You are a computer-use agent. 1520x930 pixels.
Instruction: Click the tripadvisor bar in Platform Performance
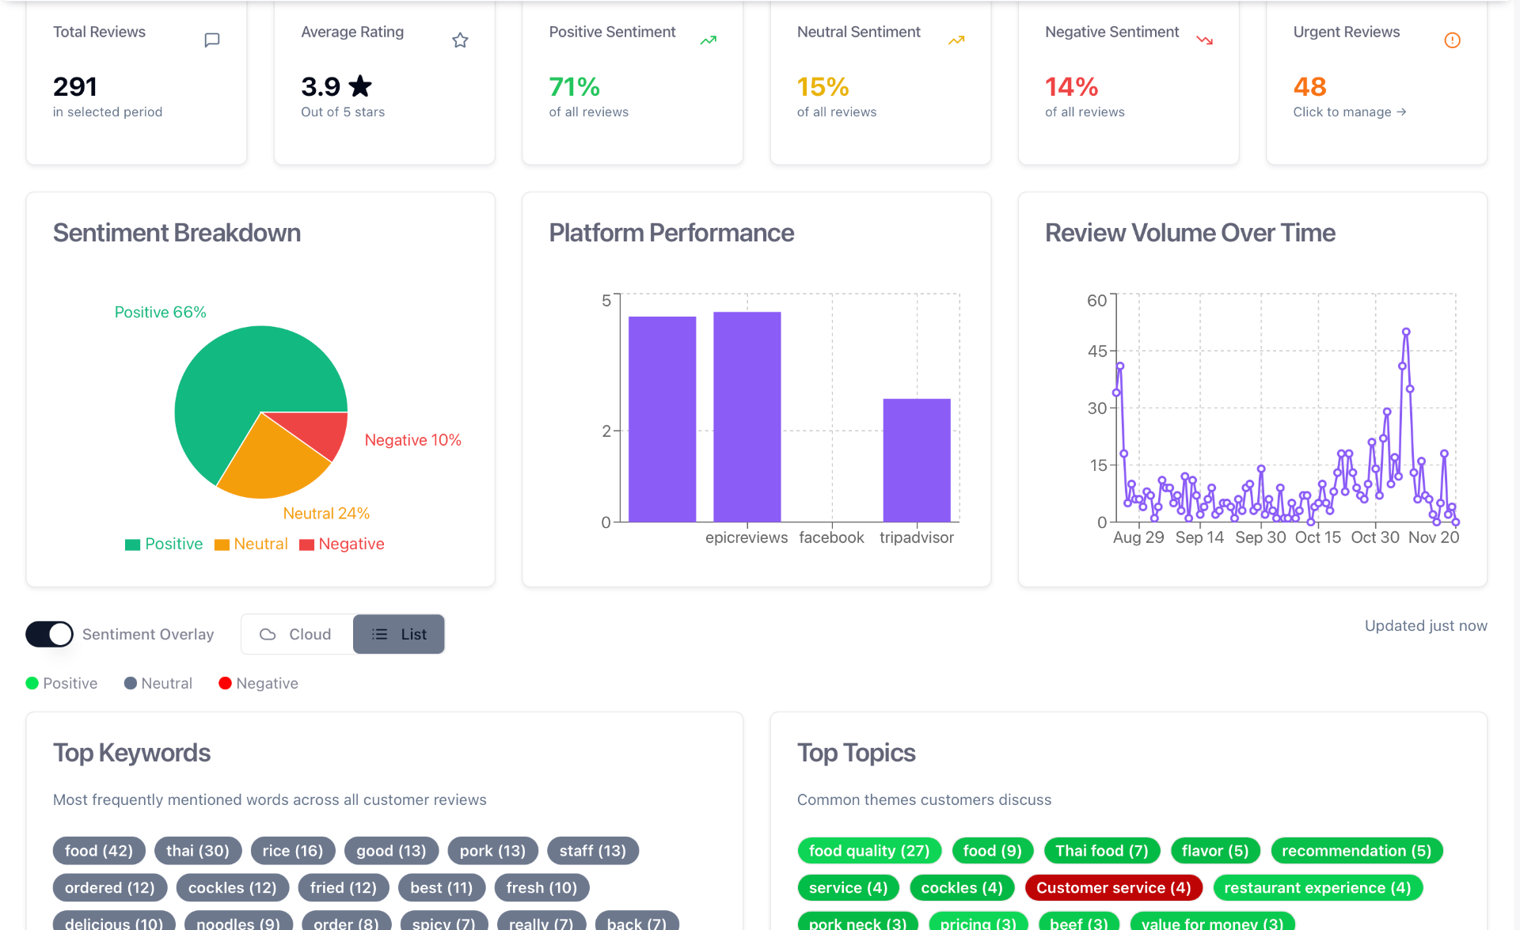[x=916, y=460]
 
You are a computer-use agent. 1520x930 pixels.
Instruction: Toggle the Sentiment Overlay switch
[x=49, y=634]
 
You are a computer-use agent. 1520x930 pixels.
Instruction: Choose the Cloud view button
[x=296, y=634]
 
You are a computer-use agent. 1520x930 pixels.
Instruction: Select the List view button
[x=399, y=634]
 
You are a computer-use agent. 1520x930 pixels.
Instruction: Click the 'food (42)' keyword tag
[x=99, y=851]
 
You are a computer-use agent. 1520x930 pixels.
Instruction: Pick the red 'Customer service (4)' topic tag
[x=1113, y=888]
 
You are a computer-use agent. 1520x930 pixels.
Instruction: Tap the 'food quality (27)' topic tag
[x=868, y=851]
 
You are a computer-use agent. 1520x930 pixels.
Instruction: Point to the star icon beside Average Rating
[x=460, y=40]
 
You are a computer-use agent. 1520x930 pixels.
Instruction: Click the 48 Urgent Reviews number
[x=1309, y=86]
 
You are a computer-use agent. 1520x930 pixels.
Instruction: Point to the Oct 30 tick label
[x=1375, y=537]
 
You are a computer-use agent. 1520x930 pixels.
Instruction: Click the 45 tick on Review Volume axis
[x=1097, y=351]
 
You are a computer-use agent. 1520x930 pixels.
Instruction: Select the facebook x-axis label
[x=831, y=537]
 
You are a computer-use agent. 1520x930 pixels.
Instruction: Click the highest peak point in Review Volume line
[x=1406, y=332]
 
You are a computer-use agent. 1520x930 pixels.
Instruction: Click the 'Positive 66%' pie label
[x=160, y=312]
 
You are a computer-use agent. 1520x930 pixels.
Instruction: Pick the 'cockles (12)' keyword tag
[x=232, y=888]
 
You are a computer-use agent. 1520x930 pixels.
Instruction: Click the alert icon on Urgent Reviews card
[x=1452, y=40]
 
